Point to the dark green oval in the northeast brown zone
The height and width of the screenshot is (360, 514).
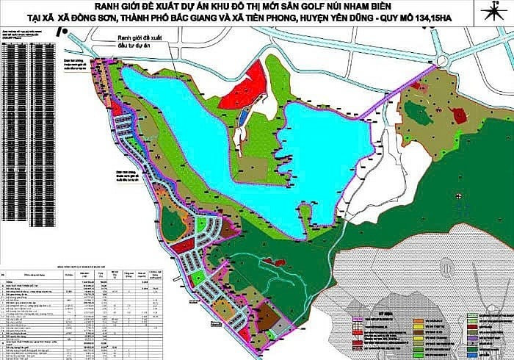416,112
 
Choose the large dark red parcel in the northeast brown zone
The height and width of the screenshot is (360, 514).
460,114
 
